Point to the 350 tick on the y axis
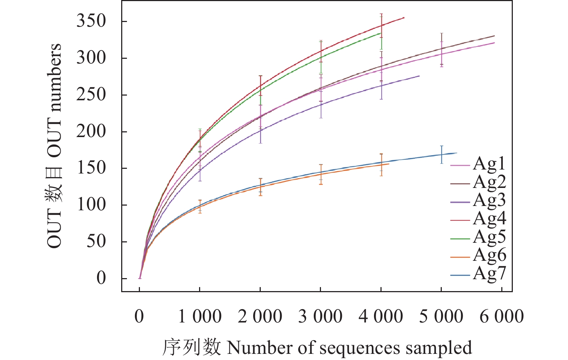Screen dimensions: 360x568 tap(91, 21)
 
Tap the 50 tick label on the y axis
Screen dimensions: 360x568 tap(96, 241)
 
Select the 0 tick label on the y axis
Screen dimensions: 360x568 tap(101, 278)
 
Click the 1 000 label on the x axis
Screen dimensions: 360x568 tap(200, 317)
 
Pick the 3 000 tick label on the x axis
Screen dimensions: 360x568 tap(320, 317)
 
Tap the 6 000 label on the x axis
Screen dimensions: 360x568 tap(501, 317)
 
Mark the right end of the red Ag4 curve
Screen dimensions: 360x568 tap(404, 17)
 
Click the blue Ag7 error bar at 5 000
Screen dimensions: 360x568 tap(441, 154)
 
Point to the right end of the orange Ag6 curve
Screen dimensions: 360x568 tap(389, 164)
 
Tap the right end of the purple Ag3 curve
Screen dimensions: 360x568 tap(419, 76)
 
